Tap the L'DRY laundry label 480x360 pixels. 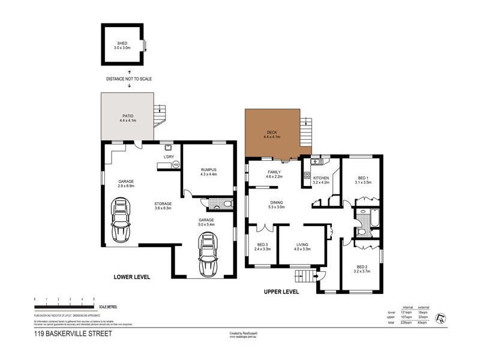click(x=169, y=157)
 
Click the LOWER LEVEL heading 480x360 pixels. click(x=131, y=277)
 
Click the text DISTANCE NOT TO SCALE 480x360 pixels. click(x=130, y=79)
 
